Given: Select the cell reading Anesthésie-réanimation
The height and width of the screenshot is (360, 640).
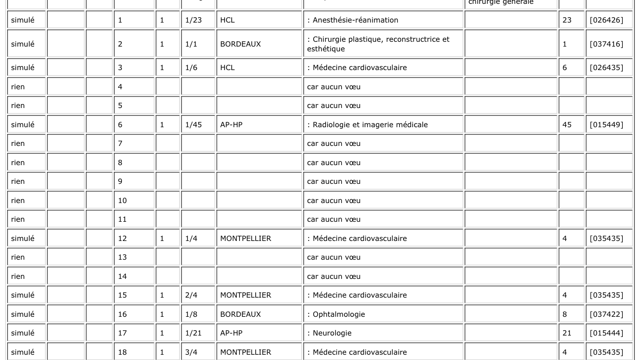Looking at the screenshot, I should coord(355,20).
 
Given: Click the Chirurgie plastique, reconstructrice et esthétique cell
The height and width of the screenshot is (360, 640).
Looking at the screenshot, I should coord(378,44).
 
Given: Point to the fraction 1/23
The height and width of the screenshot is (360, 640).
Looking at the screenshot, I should coord(193,20).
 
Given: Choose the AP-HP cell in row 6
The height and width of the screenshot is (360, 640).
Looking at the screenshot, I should coord(231,125).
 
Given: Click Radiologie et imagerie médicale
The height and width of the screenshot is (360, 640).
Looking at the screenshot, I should coord(369,125).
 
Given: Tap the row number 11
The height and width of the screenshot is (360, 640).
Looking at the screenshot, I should coord(122,219).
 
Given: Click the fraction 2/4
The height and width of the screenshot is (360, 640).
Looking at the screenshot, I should coord(191,295).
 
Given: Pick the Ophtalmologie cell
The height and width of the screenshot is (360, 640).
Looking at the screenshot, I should coord(338,314).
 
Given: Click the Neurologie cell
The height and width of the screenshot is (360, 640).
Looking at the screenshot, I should coord(332,333).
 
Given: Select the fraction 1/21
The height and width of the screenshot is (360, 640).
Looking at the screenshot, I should coord(193,333).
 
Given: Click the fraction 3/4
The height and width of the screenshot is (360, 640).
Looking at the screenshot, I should coord(191,352).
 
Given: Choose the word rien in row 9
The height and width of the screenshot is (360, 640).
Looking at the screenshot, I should coord(18,181).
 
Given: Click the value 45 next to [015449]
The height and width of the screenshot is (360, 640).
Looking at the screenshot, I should coord(567,125).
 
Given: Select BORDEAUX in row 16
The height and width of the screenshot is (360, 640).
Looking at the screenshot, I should coord(240,314).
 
